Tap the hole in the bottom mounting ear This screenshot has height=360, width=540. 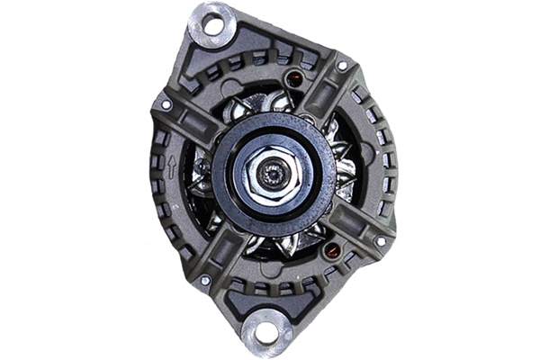coord(266,332)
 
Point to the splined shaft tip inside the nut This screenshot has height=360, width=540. coord(269,171)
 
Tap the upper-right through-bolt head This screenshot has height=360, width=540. coord(343,66)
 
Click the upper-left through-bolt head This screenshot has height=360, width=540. coord(166,105)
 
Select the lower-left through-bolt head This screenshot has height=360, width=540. coord(206,280)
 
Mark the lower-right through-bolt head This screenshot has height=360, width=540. coord(381,241)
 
